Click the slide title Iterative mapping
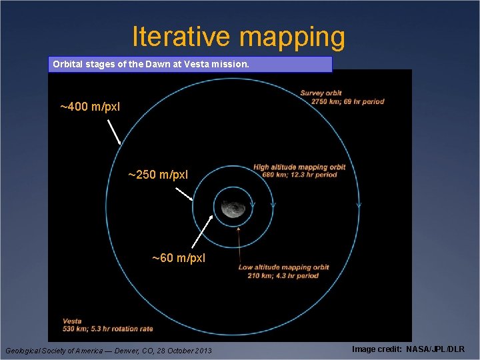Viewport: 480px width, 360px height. click(x=239, y=37)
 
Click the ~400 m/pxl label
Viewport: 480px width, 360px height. click(x=90, y=107)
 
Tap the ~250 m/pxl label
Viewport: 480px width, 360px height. click(x=158, y=175)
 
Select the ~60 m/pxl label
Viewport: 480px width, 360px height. click(x=179, y=257)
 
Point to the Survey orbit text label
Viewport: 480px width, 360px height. click(x=321, y=93)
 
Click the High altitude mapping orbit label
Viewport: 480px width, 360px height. click(x=299, y=167)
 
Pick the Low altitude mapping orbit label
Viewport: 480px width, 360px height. click(x=283, y=268)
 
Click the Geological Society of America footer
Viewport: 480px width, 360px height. click(x=108, y=351)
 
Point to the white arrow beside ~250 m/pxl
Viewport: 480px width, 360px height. click(x=185, y=194)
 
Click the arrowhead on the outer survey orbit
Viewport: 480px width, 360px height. click(x=359, y=205)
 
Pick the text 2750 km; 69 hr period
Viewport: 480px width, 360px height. click(x=342, y=101)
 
